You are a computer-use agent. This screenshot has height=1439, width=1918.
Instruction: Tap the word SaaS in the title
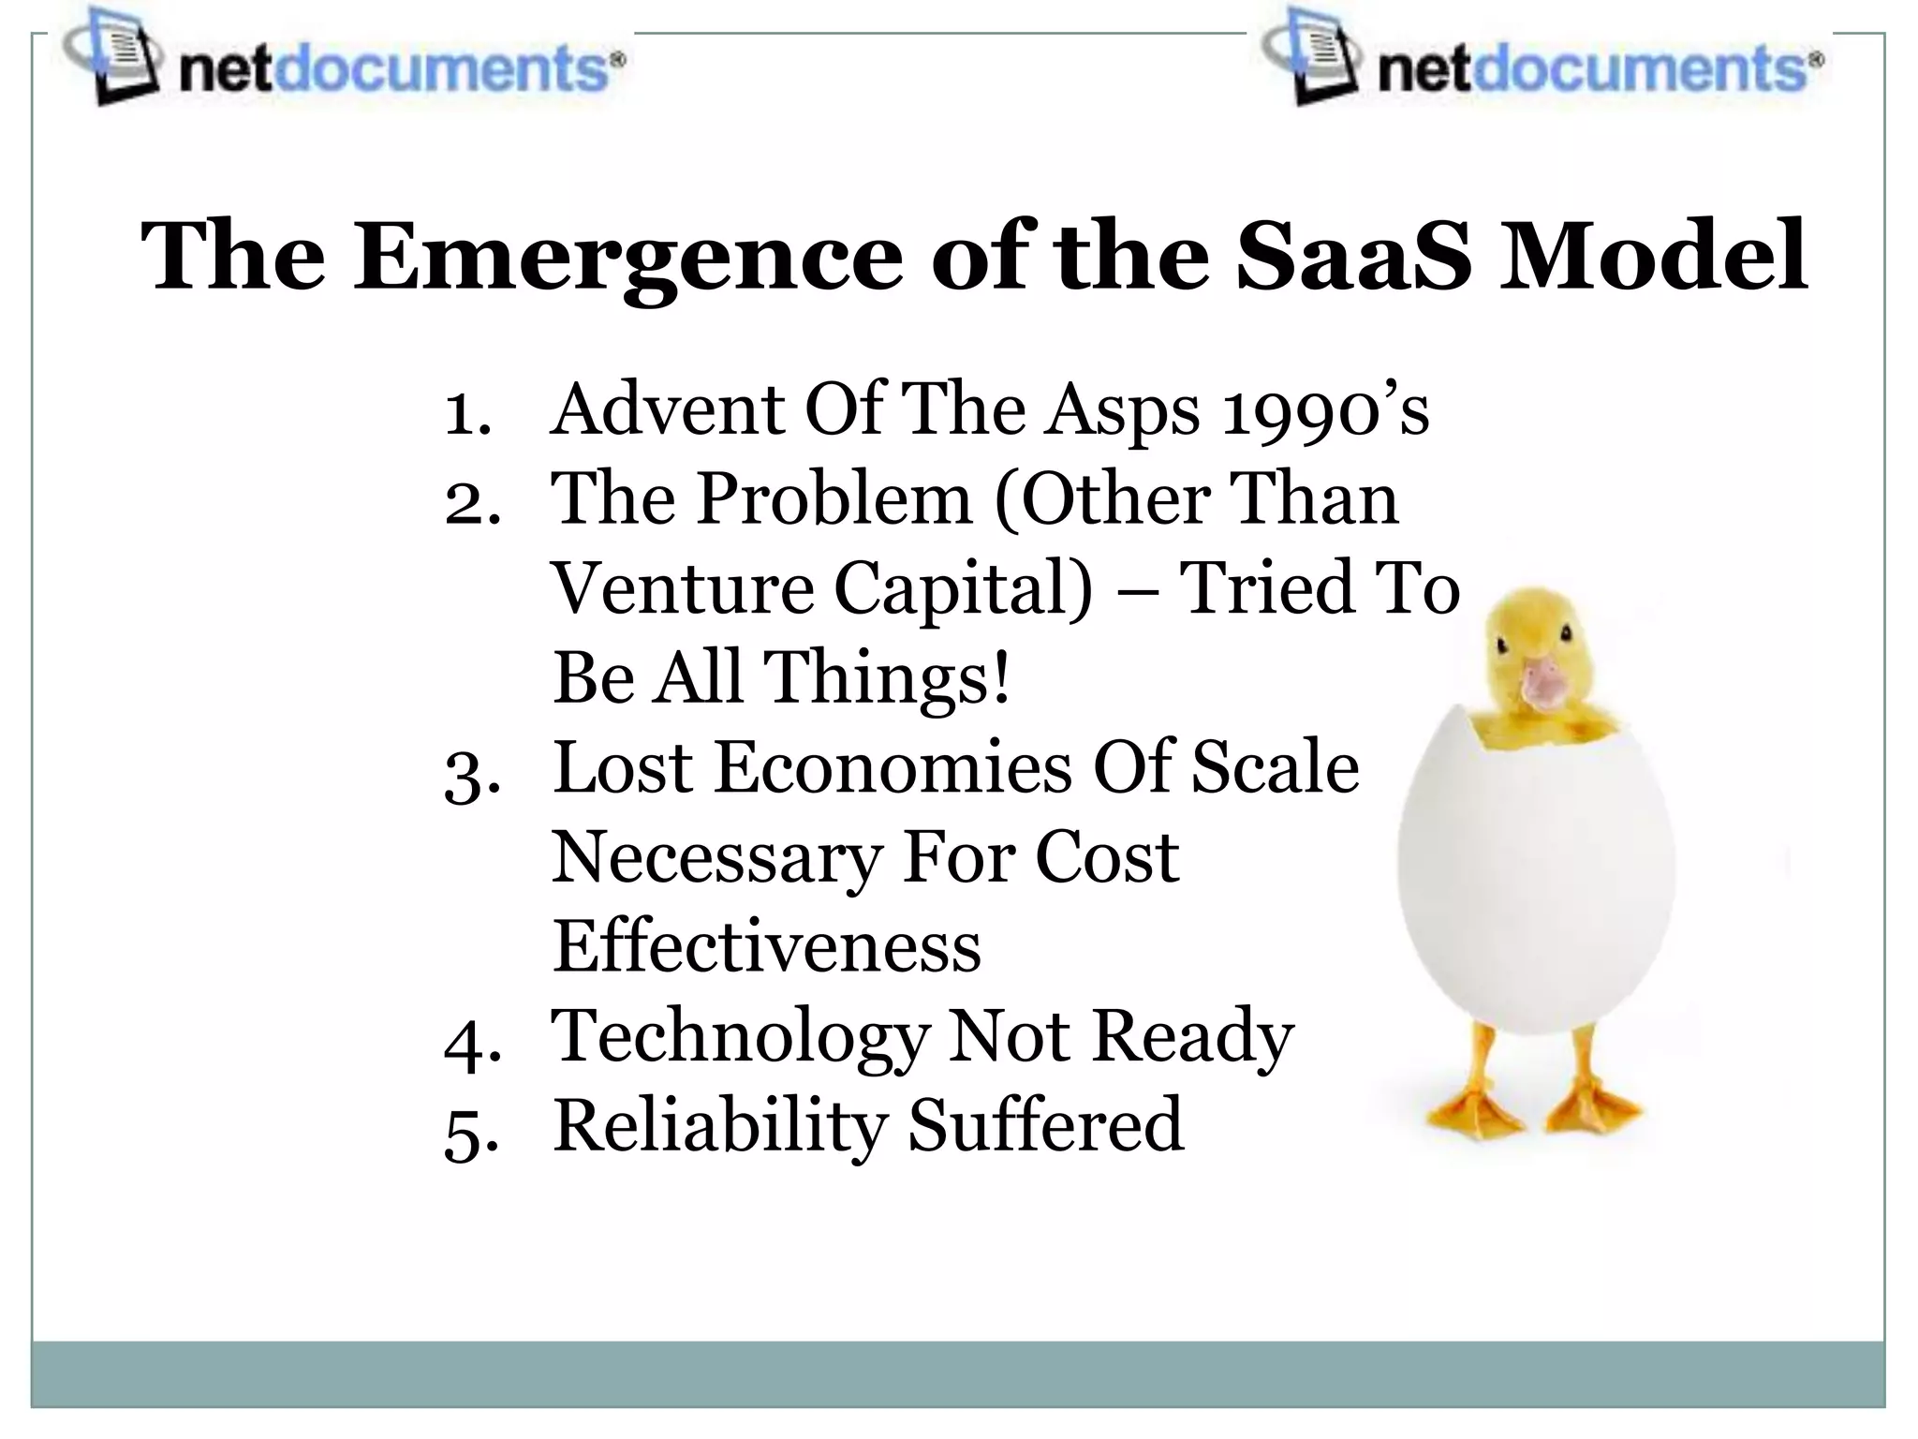tap(1352, 256)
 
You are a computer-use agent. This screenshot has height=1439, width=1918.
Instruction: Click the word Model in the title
tap(1653, 256)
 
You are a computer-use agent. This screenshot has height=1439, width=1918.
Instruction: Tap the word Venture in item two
tap(683, 589)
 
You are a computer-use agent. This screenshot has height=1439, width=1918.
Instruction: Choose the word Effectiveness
tap(766, 946)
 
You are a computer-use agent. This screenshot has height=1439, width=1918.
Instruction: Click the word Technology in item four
tap(740, 1038)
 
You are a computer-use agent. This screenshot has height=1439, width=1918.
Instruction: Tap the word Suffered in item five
tap(1045, 1126)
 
